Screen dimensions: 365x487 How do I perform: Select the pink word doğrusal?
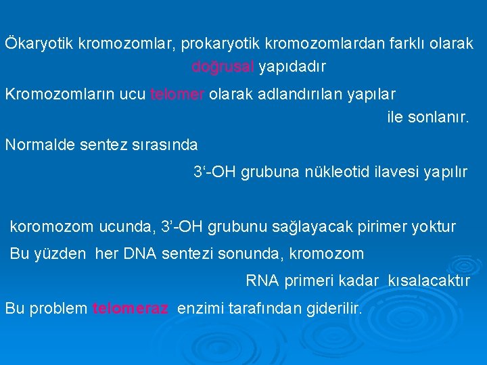tap(223, 67)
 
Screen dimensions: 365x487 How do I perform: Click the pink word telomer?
tap(177, 93)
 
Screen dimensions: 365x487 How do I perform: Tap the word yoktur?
tap(435, 227)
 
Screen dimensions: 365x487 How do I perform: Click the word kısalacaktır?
tap(428, 281)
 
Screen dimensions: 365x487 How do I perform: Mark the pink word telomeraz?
tap(131, 309)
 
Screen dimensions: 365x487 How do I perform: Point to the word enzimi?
tap(200, 309)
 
